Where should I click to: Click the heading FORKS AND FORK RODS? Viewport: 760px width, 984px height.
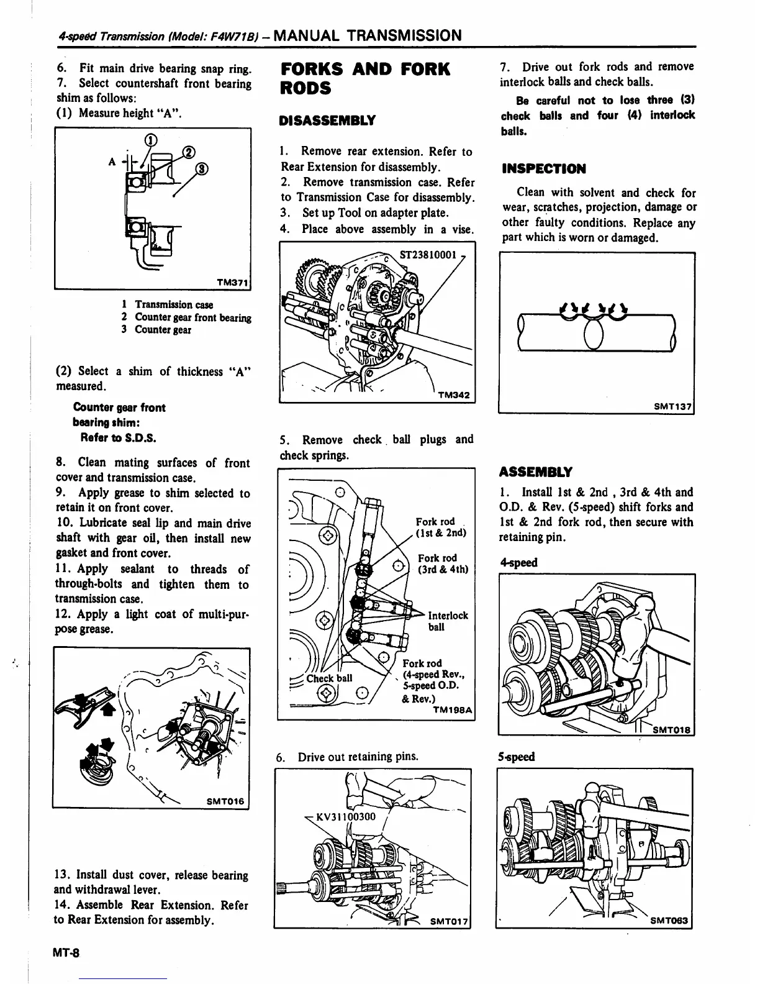point(365,78)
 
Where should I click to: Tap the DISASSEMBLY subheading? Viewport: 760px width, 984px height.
point(328,120)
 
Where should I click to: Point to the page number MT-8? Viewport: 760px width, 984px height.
point(71,952)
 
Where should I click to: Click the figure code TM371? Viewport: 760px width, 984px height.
point(232,283)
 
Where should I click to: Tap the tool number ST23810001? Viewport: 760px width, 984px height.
point(428,255)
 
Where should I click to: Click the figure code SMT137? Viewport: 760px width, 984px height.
point(673,407)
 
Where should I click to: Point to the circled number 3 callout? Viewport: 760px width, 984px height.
point(202,168)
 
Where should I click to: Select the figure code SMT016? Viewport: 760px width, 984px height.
point(226,801)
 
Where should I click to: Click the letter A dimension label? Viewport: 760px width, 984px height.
point(112,162)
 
